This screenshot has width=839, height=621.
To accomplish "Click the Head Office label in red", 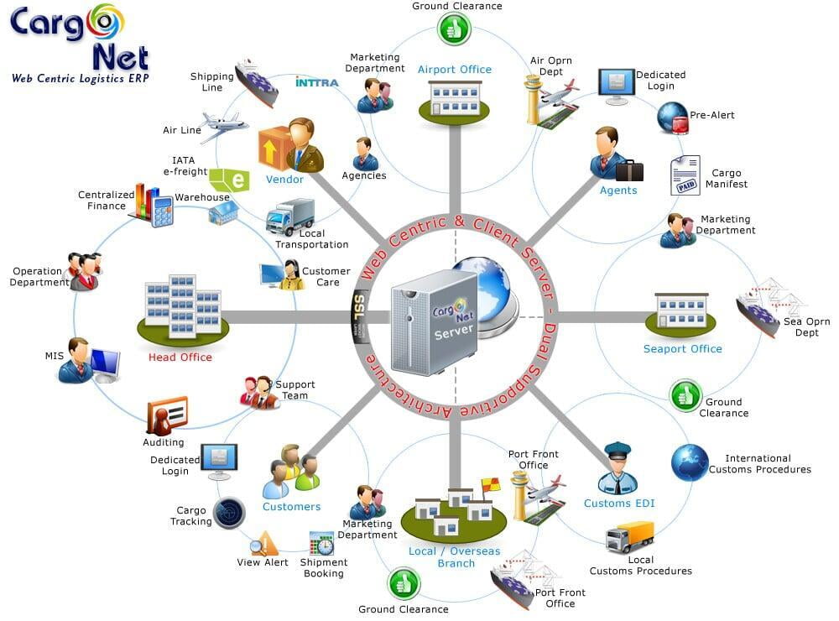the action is tap(180, 357).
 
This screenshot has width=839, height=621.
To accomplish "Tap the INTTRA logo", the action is tap(317, 82).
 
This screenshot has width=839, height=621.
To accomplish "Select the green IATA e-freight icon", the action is tap(229, 180).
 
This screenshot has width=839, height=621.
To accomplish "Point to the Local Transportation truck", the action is tap(290, 217).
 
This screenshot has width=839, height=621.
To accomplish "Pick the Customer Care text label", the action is tap(326, 276).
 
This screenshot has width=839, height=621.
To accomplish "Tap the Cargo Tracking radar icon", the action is tap(229, 513).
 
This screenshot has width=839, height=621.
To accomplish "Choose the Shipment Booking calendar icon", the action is tap(321, 543).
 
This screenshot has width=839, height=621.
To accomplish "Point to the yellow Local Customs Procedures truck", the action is tap(630, 537).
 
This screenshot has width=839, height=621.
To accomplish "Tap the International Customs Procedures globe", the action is tap(690, 462).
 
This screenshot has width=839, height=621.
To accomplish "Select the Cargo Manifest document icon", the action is tap(685, 175).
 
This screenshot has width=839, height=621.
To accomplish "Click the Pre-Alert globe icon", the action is tap(673, 117).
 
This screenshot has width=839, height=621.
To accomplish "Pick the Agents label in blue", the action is tap(618, 190).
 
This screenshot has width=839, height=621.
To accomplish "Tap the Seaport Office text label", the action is tap(683, 348).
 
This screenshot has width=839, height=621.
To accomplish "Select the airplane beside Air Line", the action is tap(224, 127).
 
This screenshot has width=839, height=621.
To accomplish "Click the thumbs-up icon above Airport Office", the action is tap(454, 29).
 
